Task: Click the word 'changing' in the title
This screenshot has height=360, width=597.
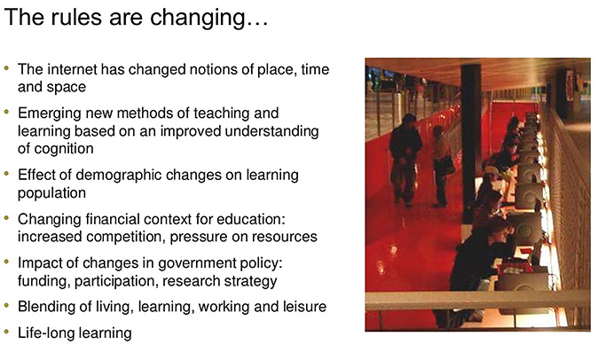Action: pyautogui.click(x=209, y=19)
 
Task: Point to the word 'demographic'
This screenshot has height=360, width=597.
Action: pyautogui.click(x=118, y=176)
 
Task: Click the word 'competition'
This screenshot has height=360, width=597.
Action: pyautogui.click(x=126, y=237)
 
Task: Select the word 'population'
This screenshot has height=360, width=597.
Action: pyautogui.click(x=51, y=193)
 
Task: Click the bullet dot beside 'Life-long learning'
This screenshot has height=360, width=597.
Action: pyautogui.click(x=6, y=332)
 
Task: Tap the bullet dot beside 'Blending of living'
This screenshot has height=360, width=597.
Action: pyautogui.click(x=6, y=305)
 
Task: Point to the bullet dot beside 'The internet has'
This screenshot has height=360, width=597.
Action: pyautogui.click(x=6, y=68)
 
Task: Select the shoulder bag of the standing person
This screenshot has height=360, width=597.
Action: pyautogui.click(x=444, y=165)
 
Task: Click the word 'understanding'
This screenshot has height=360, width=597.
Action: pyautogui.click(x=271, y=131)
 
